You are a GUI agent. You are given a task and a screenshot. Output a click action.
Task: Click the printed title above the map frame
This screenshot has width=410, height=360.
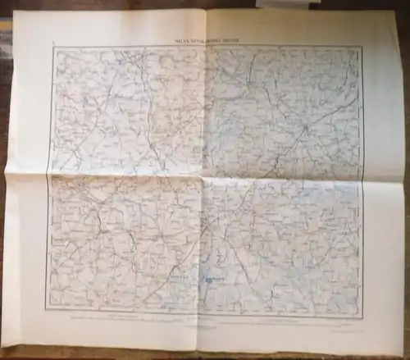[x=205, y=39]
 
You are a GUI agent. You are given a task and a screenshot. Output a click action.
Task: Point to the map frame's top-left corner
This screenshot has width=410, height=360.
[x=53, y=47]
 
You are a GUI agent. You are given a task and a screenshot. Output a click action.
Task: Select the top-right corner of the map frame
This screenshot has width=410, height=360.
[x=362, y=48]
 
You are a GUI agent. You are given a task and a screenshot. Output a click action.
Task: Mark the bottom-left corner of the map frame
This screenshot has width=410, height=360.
[x=46, y=309]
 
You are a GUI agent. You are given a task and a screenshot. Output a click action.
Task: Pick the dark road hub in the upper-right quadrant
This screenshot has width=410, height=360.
[x=305, y=129]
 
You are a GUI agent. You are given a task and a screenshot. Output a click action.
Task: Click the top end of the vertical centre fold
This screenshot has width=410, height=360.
[x=205, y=11]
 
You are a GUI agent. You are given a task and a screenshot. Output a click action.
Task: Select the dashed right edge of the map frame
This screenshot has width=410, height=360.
[x=362, y=180]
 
